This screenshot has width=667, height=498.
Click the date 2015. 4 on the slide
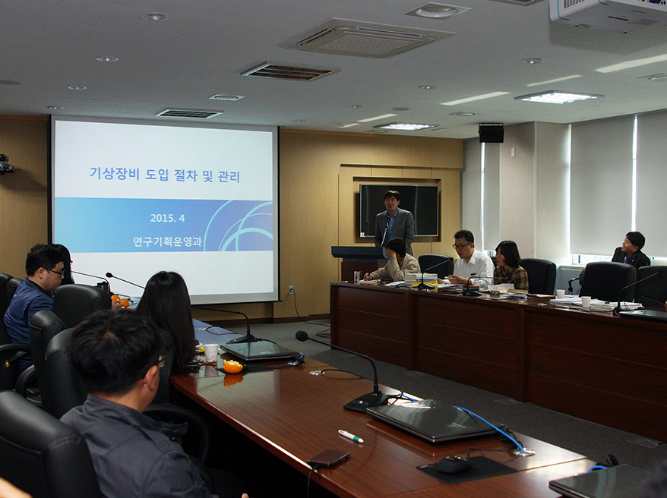click(x=167, y=218)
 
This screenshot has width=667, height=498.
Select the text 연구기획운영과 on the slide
click(x=167, y=241)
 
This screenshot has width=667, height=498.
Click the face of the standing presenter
click(x=392, y=202)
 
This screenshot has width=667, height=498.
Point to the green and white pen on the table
click(x=351, y=437)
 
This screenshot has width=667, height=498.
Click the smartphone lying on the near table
click(x=329, y=459)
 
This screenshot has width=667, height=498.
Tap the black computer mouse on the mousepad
click(x=454, y=465)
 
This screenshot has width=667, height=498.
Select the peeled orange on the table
click(x=232, y=366)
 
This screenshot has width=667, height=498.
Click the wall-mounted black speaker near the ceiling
click(x=491, y=133)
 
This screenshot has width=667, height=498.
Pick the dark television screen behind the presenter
click(x=399, y=210)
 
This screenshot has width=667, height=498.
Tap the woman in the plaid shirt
click(x=510, y=265)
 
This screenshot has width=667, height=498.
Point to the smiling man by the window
click(x=631, y=251)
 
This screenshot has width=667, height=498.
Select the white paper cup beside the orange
click(x=211, y=353)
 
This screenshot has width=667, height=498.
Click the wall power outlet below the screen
click(x=291, y=290)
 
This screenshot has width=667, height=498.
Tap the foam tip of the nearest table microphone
click(x=302, y=336)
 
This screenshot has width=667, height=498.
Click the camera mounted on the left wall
click(x=6, y=165)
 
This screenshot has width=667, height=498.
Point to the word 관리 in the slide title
click(x=229, y=176)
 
